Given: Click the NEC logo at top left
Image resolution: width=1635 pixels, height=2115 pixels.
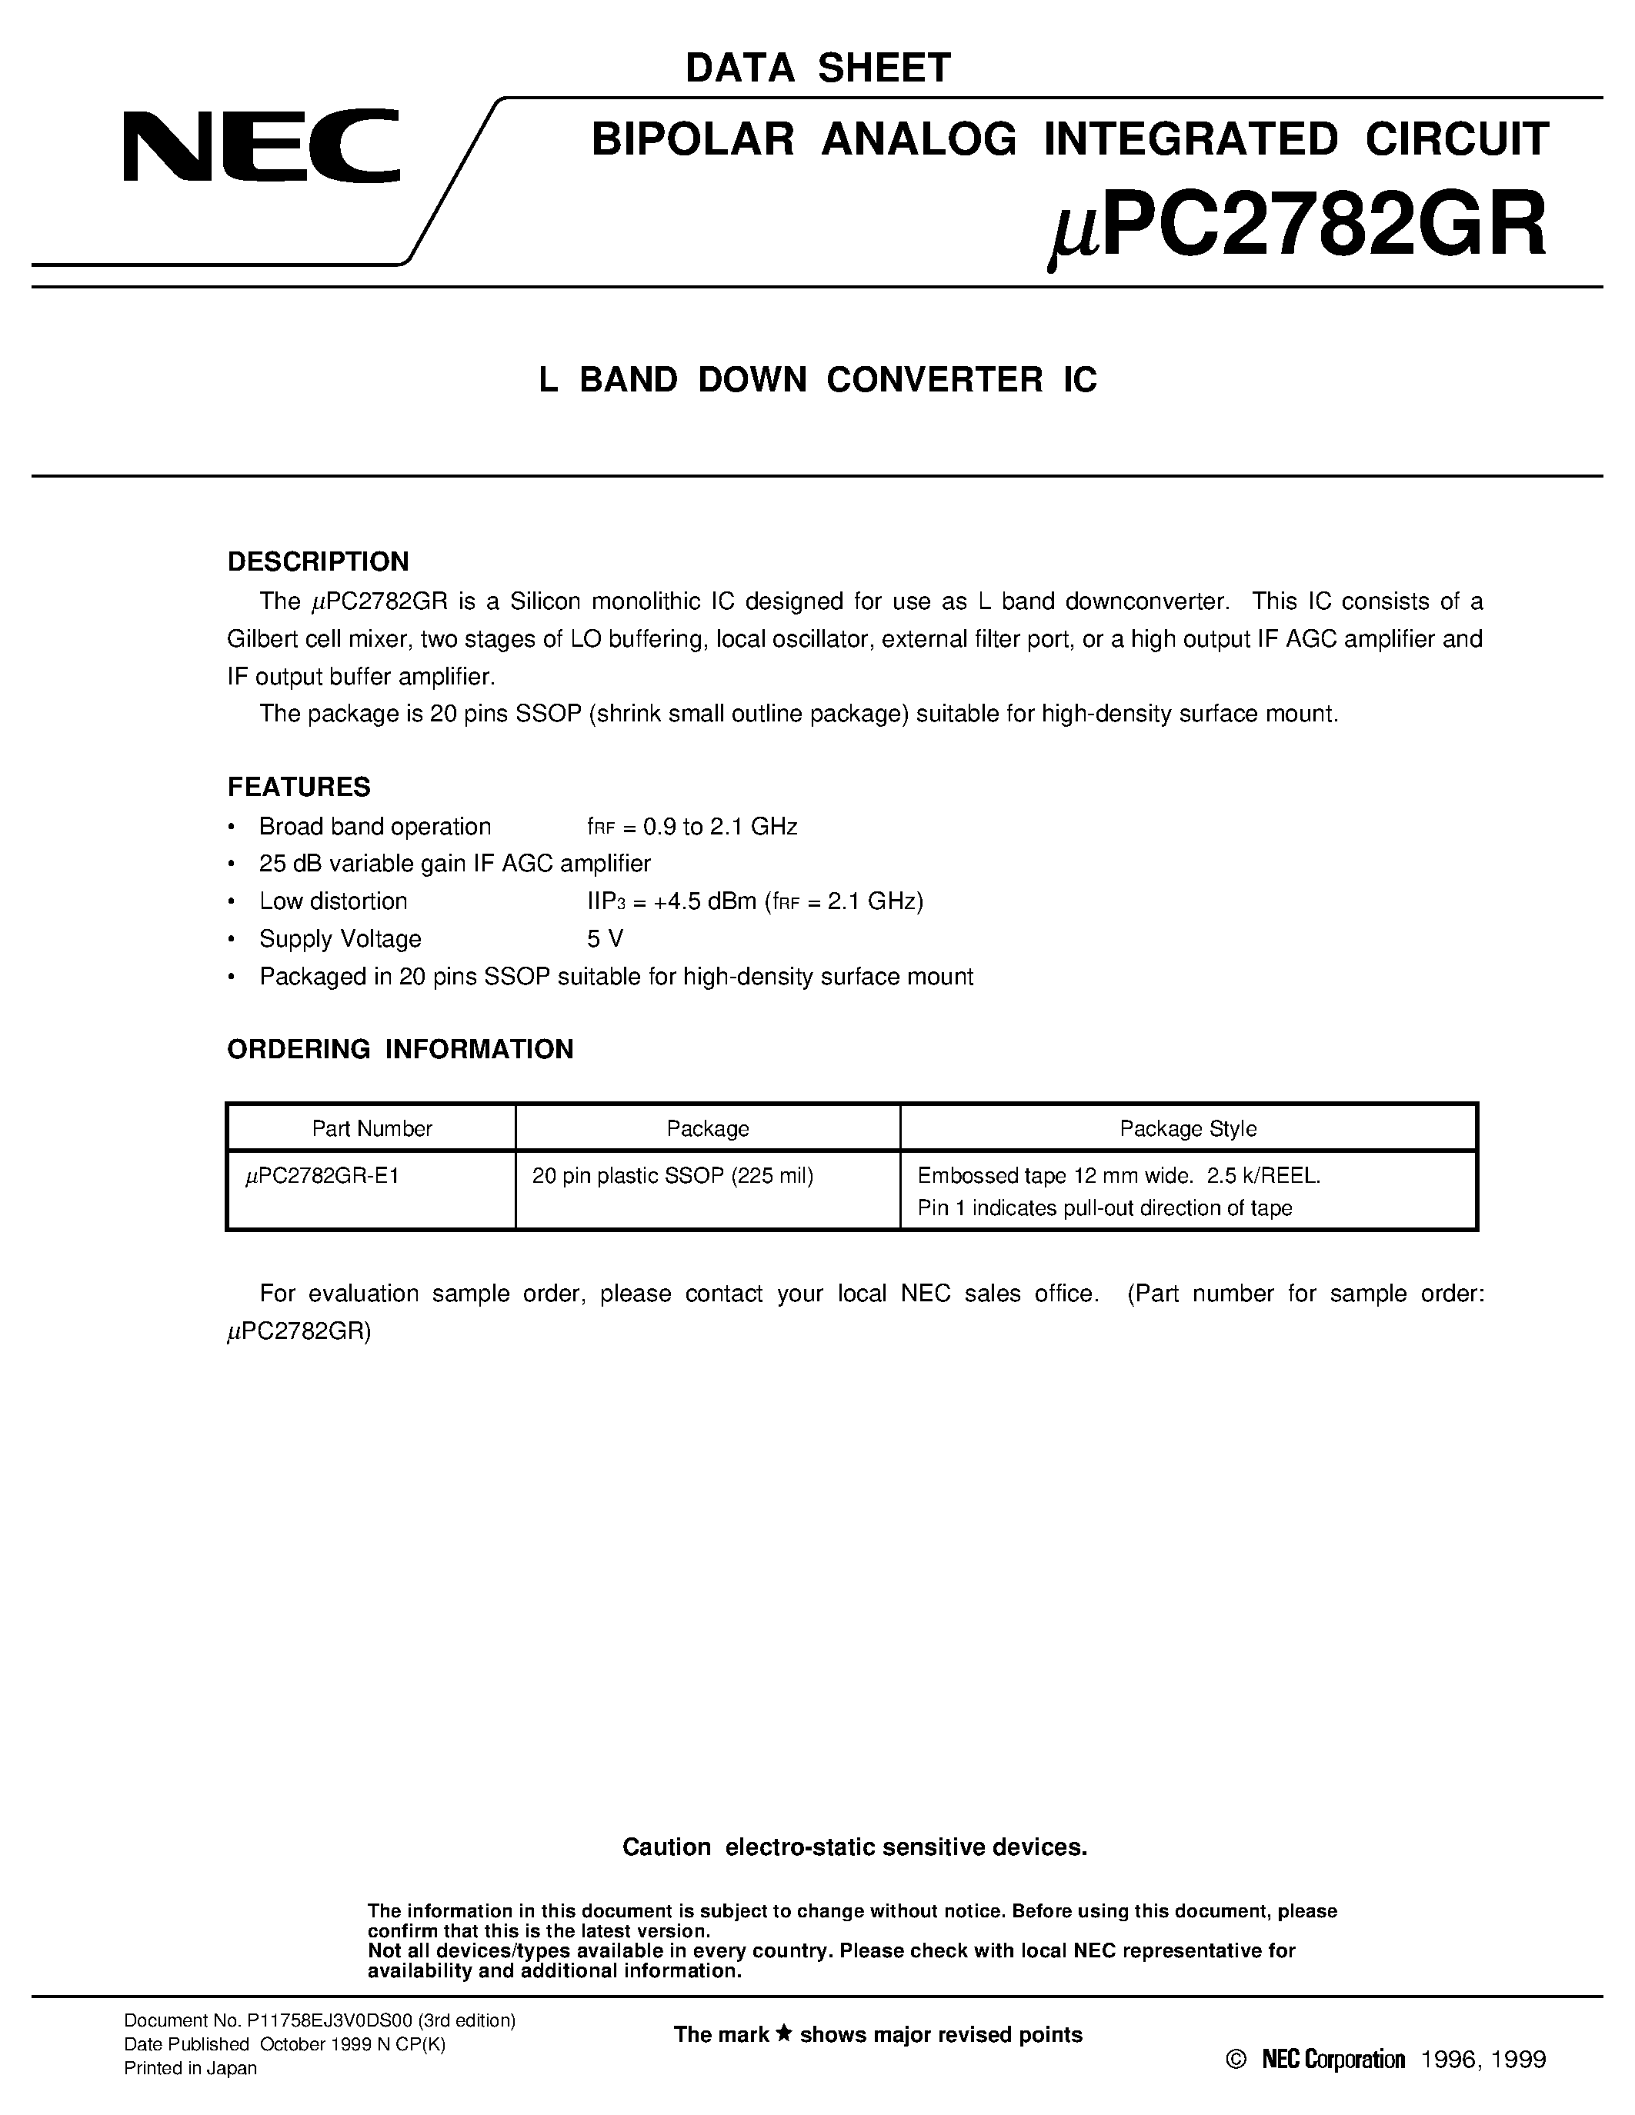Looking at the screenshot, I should coord(262,146).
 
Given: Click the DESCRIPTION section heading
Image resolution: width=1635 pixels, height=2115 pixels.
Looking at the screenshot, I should coord(318,561).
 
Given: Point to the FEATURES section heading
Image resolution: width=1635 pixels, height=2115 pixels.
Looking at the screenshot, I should coord(299,786).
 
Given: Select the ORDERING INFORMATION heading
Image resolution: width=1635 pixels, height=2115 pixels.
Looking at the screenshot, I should coord(400,1049).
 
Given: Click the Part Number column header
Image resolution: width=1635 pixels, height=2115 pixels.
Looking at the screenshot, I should coord(371,1128).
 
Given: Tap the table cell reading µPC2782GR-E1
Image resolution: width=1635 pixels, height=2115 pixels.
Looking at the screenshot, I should coord(322,1176).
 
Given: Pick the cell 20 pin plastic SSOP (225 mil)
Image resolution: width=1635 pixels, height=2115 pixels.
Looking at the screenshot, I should coord(672,1176).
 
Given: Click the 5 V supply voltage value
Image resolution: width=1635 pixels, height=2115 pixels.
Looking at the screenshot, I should coord(605,938).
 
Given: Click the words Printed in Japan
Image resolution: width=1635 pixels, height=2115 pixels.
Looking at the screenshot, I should coord(190,2069).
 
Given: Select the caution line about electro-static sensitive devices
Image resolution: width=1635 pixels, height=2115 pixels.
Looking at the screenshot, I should coord(854,1847).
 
